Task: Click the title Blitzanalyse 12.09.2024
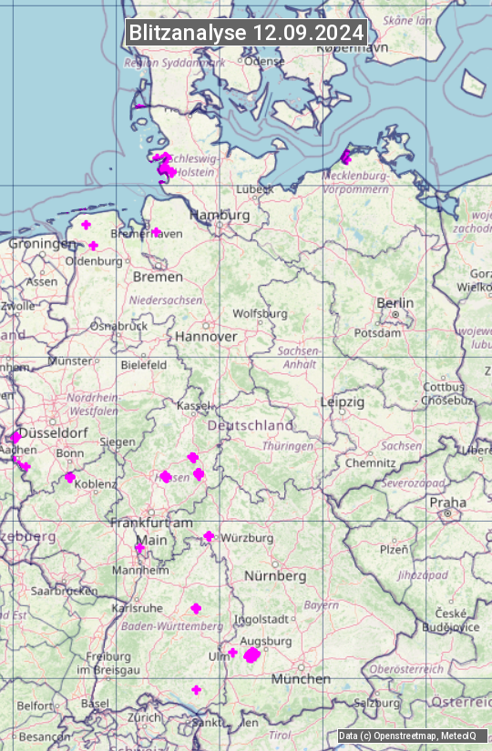click(246, 33)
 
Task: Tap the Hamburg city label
click(220, 216)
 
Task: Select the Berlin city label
click(395, 303)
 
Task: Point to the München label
click(301, 679)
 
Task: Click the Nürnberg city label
click(275, 576)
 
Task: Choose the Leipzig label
click(343, 401)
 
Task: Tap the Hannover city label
click(206, 336)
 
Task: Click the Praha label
click(448, 502)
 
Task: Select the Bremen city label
click(158, 277)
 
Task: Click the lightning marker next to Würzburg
click(209, 536)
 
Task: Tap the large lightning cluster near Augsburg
click(251, 655)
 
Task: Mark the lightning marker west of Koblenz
click(70, 477)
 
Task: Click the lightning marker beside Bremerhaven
click(156, 231)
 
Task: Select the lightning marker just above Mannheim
click(139, 548)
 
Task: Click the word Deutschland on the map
click(251, 425)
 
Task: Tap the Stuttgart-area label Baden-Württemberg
click(173, 626)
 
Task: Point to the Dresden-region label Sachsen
click(402, 446)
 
